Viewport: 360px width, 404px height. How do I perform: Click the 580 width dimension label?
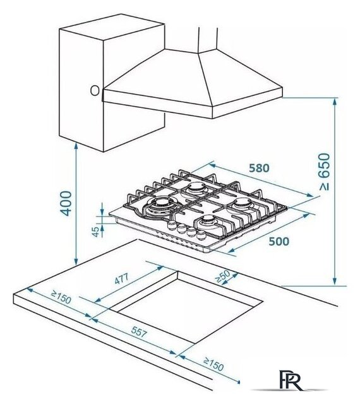pyautogui.click(x=259, y=169)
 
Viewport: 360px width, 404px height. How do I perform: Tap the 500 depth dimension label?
pyautogui.click(x=279, y=242)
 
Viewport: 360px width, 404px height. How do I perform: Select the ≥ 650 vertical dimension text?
pyautogui.click(x=324, y=172)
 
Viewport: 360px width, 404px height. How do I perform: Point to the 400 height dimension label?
pyautogui.click(x=66, y=203)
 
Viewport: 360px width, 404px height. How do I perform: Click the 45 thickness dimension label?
pyautogui.click(x=95, y=232)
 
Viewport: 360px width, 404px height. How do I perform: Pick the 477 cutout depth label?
pyautogui.click(x=121, y=279)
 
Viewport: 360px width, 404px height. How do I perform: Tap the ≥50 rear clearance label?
pyautogui.click(x=222, y=276)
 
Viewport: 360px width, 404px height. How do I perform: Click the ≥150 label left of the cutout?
pyautogui.click(x=61, y=297)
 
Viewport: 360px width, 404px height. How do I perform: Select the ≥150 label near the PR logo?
pyautogui.click(x=213, y=364)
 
